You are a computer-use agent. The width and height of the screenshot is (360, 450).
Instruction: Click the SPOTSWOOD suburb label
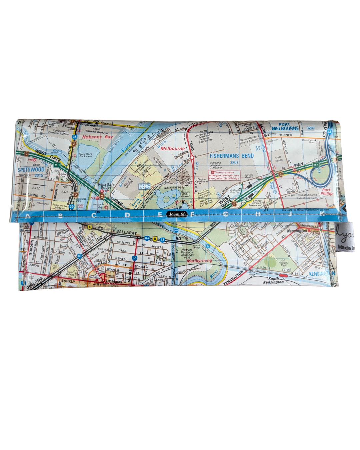(31, 169)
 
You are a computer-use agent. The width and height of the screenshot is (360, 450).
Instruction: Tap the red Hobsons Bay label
(97, 137)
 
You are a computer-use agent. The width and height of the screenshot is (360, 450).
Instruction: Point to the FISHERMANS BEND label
(232, 155)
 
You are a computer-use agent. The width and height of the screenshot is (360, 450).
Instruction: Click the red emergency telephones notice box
(224, 175)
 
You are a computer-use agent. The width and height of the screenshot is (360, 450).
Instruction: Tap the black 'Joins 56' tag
(177, 214)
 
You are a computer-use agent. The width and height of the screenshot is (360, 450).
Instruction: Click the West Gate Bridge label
(106, 186)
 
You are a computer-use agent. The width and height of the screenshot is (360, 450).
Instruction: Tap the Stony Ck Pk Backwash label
(85, 155)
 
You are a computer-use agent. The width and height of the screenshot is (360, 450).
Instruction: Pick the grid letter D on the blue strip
(127, 215)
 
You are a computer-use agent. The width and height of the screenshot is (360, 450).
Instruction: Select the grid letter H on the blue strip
(258, 214)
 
